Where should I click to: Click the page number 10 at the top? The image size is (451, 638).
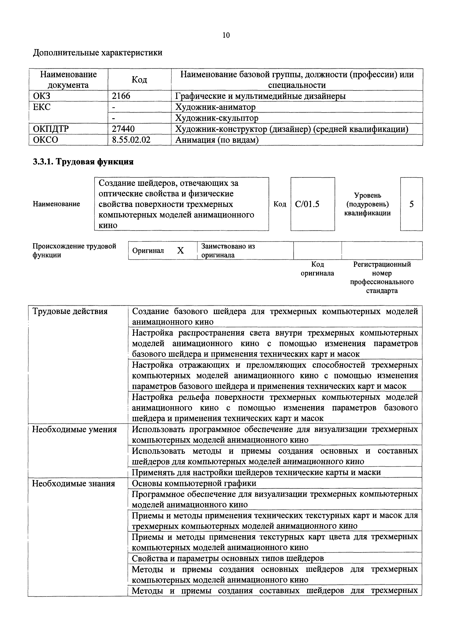[226, 35]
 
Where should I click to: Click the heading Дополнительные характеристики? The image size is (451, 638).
[97, 53]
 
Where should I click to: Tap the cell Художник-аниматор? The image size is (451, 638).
[215, 107]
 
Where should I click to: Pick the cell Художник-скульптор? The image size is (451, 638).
[216, 118]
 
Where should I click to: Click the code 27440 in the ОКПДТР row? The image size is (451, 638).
[123, 129]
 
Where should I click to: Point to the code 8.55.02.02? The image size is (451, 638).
[131, 140]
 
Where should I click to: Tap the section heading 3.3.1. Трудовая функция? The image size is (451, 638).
[83, 162]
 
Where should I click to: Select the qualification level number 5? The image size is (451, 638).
[411, 204]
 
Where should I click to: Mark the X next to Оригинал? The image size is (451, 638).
[180, 251]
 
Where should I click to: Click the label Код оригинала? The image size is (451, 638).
[317, 269]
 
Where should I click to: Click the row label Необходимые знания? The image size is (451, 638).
[74, 484]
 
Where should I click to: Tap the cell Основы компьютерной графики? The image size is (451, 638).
[194, 484]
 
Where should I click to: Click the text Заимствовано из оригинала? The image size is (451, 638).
[228, 251]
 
